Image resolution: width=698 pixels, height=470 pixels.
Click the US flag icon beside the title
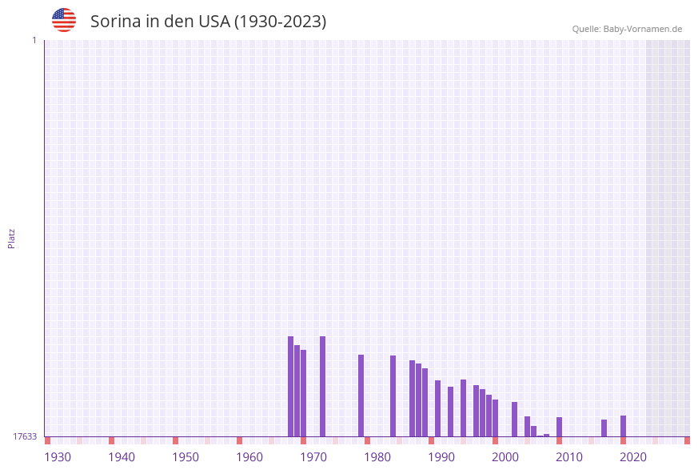[64, 20]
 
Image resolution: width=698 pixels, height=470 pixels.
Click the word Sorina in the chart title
[115, 22]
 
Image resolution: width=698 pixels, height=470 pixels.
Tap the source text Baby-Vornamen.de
[643, 29]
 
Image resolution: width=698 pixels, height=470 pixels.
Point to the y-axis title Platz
[12, 238]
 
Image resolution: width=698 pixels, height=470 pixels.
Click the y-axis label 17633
[25, 436]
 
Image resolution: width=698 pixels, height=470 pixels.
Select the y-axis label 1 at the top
[34, 40]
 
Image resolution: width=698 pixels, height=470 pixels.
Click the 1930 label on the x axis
[58, 457]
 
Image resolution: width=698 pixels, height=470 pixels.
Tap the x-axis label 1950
[185, 457]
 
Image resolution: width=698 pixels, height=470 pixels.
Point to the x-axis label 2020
[633, 457]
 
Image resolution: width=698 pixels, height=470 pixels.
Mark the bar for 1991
[438, 408]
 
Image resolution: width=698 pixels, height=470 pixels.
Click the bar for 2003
[515, 419]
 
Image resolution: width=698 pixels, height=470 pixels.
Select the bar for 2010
[560, 427]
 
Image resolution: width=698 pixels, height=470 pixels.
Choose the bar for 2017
[604, 428]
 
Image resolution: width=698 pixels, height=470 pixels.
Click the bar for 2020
[624, 426]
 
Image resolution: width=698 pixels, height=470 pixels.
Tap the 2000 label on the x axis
[505, 457]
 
